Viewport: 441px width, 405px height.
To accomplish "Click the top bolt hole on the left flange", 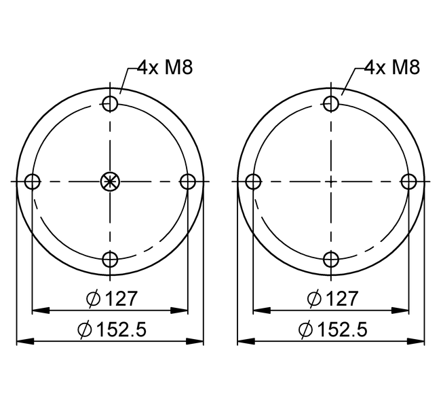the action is pyautogui.click(x=110, y=104).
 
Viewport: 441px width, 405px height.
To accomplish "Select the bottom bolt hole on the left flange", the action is pyautogui.click(x=110, y=259).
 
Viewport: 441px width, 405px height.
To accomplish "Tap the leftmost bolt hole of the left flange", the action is pyautogui.click(x=33, y=181).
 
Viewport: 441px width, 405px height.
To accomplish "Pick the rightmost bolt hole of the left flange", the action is pyautogui.click(x=187, y=181).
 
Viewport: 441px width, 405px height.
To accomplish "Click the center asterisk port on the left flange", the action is pyautogui.click(x=110, y=181).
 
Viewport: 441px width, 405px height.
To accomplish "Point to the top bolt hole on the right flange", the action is pyautogui.click(x=331, y=104).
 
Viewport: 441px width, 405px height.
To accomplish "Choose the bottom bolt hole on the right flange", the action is pyautogui.click(x=331, y=259).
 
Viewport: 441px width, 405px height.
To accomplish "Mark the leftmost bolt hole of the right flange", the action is pyautogui.click(x=254, y=181).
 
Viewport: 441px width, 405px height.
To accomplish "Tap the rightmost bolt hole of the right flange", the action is pyautogui.click(x=408, y=181).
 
